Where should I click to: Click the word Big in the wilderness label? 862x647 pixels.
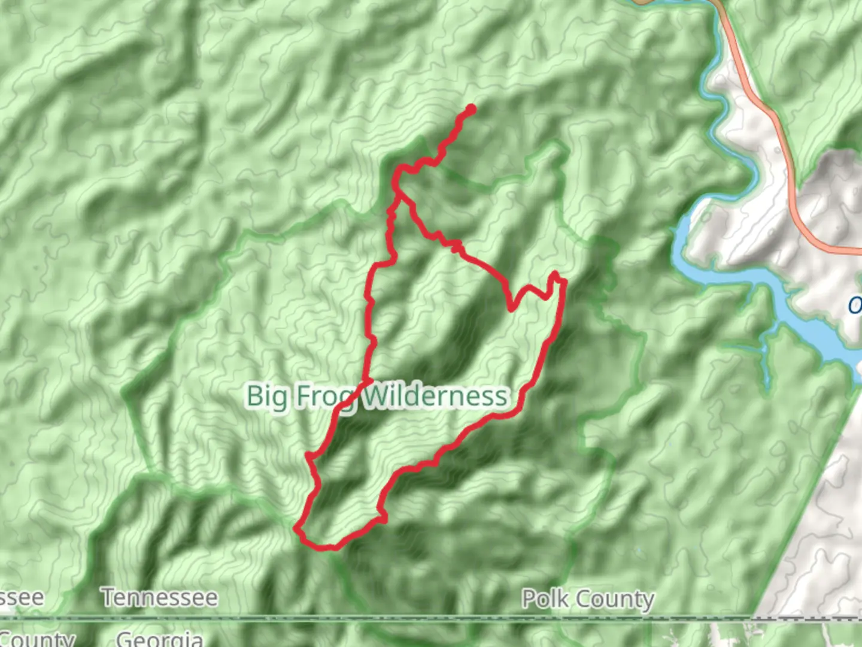263,397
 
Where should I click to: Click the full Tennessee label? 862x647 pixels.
159,597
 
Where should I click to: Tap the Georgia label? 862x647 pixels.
159,639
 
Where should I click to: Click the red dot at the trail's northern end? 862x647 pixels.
471,109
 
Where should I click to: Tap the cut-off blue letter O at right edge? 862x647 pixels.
855,306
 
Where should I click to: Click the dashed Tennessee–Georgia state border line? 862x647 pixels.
419,617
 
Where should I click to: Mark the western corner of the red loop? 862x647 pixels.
297,529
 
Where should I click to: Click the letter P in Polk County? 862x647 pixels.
528,598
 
